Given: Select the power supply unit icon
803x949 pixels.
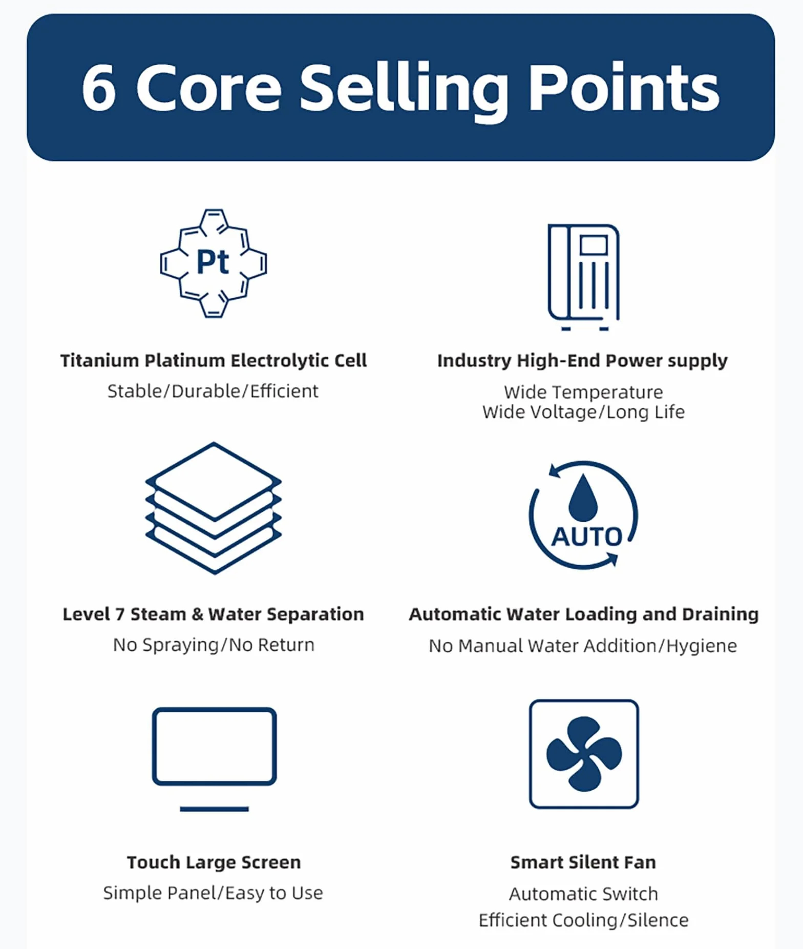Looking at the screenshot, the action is [584, 277].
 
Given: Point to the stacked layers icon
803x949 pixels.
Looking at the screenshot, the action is [214, 508].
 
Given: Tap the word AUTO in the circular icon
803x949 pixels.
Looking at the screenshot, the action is [587, 537].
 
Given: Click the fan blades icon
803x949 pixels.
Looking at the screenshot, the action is [584, 754].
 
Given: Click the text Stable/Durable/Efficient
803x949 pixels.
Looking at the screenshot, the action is [213, 391].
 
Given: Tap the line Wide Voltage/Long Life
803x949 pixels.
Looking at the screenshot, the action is [583, 412].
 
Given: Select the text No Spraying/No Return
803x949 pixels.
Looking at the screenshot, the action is [214, 645].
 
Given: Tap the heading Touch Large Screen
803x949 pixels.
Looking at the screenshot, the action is [214, 862].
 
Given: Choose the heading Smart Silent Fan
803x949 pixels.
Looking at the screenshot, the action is [583, 862].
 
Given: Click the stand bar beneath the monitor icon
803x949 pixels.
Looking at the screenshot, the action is [214, 809].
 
